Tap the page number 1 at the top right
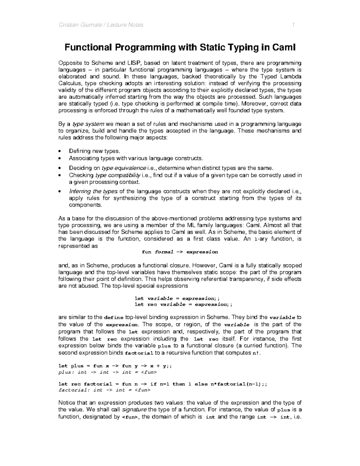coord(294,25)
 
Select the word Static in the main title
coord(212,47)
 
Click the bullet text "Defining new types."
coord(94,151)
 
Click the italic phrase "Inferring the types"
coord(93,191)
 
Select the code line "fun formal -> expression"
coord(180,252)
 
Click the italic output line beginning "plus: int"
coord(107,372)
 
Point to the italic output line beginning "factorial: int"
coord(104,390)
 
